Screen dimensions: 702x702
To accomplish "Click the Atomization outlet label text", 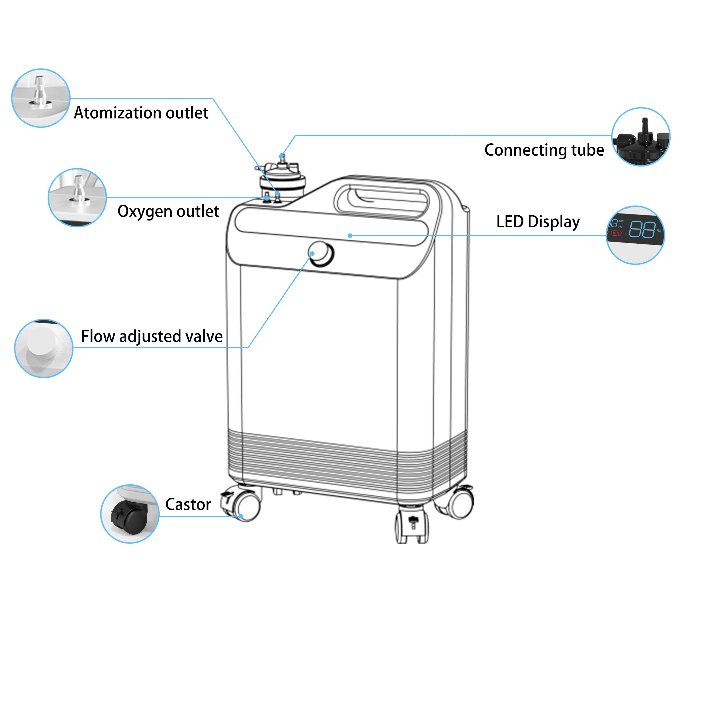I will [141, 113].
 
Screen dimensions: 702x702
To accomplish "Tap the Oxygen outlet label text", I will [168, 211].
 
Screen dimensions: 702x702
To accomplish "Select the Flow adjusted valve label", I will [152, 336].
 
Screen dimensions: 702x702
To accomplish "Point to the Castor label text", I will [188, 504].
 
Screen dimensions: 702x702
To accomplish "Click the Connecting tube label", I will [544, 150].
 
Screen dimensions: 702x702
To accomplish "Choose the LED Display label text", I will [538, 222].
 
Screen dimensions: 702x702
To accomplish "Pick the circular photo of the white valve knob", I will [44, 348].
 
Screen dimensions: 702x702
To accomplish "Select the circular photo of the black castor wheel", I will [130, 514].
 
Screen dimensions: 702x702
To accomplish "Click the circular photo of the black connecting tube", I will [641, 137].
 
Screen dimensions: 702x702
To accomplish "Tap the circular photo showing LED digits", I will [635, 235].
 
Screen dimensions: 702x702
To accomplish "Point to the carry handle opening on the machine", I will [382, 202].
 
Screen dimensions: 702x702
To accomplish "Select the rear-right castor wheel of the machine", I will [460, 503].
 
